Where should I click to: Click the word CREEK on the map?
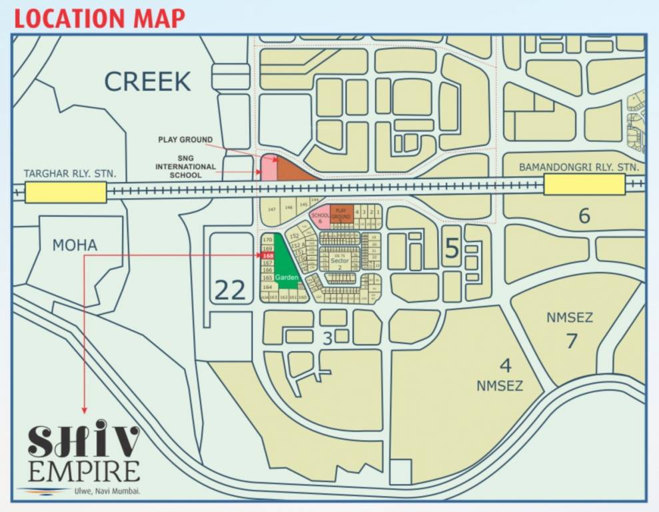147,81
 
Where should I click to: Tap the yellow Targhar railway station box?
65,193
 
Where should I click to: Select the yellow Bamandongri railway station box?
584,185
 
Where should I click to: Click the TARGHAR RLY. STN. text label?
70,174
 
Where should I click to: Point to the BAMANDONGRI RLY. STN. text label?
579,167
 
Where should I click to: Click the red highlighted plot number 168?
268,255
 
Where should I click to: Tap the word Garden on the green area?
287,277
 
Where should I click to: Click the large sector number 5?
452,249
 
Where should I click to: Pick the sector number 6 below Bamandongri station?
584,216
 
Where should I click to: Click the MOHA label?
75,245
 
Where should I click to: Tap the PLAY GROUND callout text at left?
185,140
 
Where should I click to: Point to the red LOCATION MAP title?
99,18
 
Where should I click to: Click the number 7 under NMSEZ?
571,340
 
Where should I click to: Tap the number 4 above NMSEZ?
506,365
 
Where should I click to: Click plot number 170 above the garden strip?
268,239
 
